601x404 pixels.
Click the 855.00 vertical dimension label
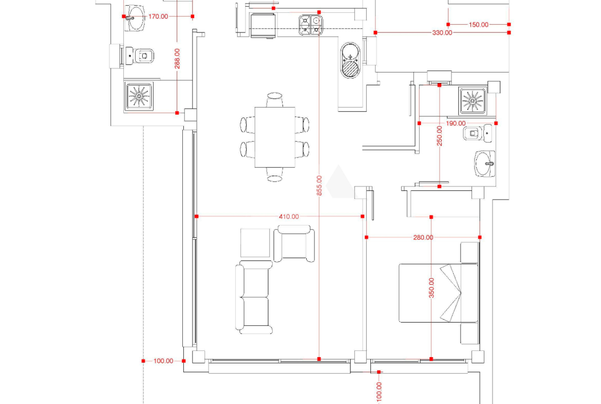click(x=320, y=185)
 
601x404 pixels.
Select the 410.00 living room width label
click(x=289, y=217)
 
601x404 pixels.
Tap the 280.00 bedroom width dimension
click(x=423, y=237)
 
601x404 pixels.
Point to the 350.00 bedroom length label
click(x=431, y=288)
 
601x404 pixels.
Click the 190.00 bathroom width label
click(x=456, y=124)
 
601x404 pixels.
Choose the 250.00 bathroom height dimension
click(x=440, y=135)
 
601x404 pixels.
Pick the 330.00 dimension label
click(x=442, y=32)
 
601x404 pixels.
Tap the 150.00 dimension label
click(x=478, y=25)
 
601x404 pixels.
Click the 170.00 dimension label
click(x=158, y=16)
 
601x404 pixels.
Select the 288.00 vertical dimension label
click(x=177, y=58)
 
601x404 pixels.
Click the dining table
click(x=275, y=137)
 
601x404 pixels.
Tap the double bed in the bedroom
click(x=439, y=293)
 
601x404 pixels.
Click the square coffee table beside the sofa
click(x=255, y=243)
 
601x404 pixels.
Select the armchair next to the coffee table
click(x=294, y=243)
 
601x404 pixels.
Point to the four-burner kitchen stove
click(x=311, y=25)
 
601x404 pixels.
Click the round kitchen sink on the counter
click(x=350, y=60)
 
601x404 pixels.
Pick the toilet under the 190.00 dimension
click(x=477, y=134)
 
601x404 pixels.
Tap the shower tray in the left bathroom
click(x=138, y=96)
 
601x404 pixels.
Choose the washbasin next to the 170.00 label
click(x=135, y=18)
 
